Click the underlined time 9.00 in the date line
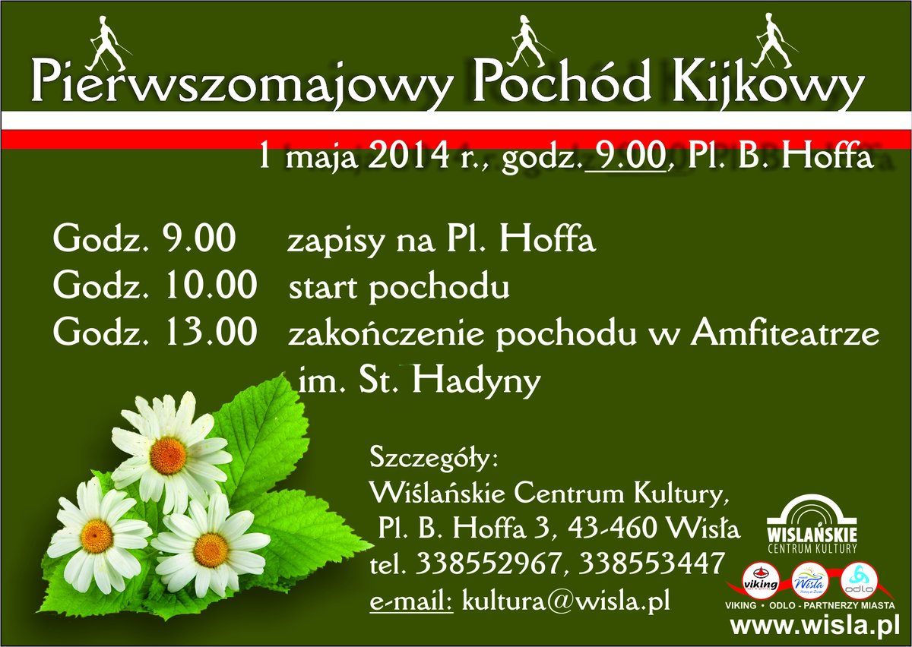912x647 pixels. [628, 156]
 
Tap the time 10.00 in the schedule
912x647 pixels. [211, 285]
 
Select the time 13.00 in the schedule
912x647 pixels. [211, 332]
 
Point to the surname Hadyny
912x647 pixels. [477, 380]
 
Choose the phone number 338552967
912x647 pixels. [489, 563]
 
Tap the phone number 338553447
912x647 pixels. [651, 563]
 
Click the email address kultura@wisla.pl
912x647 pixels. [566, 600]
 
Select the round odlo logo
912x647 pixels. [859, 581]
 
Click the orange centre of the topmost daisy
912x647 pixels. [168, 455]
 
